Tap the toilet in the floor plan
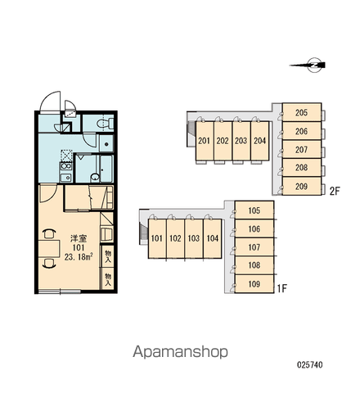(x=105, y=123)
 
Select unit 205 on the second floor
(x=302, y=112)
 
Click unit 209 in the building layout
(x=302, y=186)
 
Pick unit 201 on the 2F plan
(x=205, y=141)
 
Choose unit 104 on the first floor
(x=213, y=238)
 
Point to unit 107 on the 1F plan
(x=254, y=247)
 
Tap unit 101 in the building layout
(x=157, y=238)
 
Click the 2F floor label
(x=335, y=191)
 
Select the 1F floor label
(x=282, y=288)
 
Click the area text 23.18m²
(x=79, y=257)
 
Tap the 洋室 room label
(x=79, y=238)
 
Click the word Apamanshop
(x=180, y=352)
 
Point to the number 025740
(x=310, y=364)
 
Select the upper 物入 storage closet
(x=107, y=256)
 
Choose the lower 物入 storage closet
(x=107, y=278)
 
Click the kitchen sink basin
(x=65, y=178)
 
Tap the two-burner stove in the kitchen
(x=66, y=166)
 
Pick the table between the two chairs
(x=49, y=248)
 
